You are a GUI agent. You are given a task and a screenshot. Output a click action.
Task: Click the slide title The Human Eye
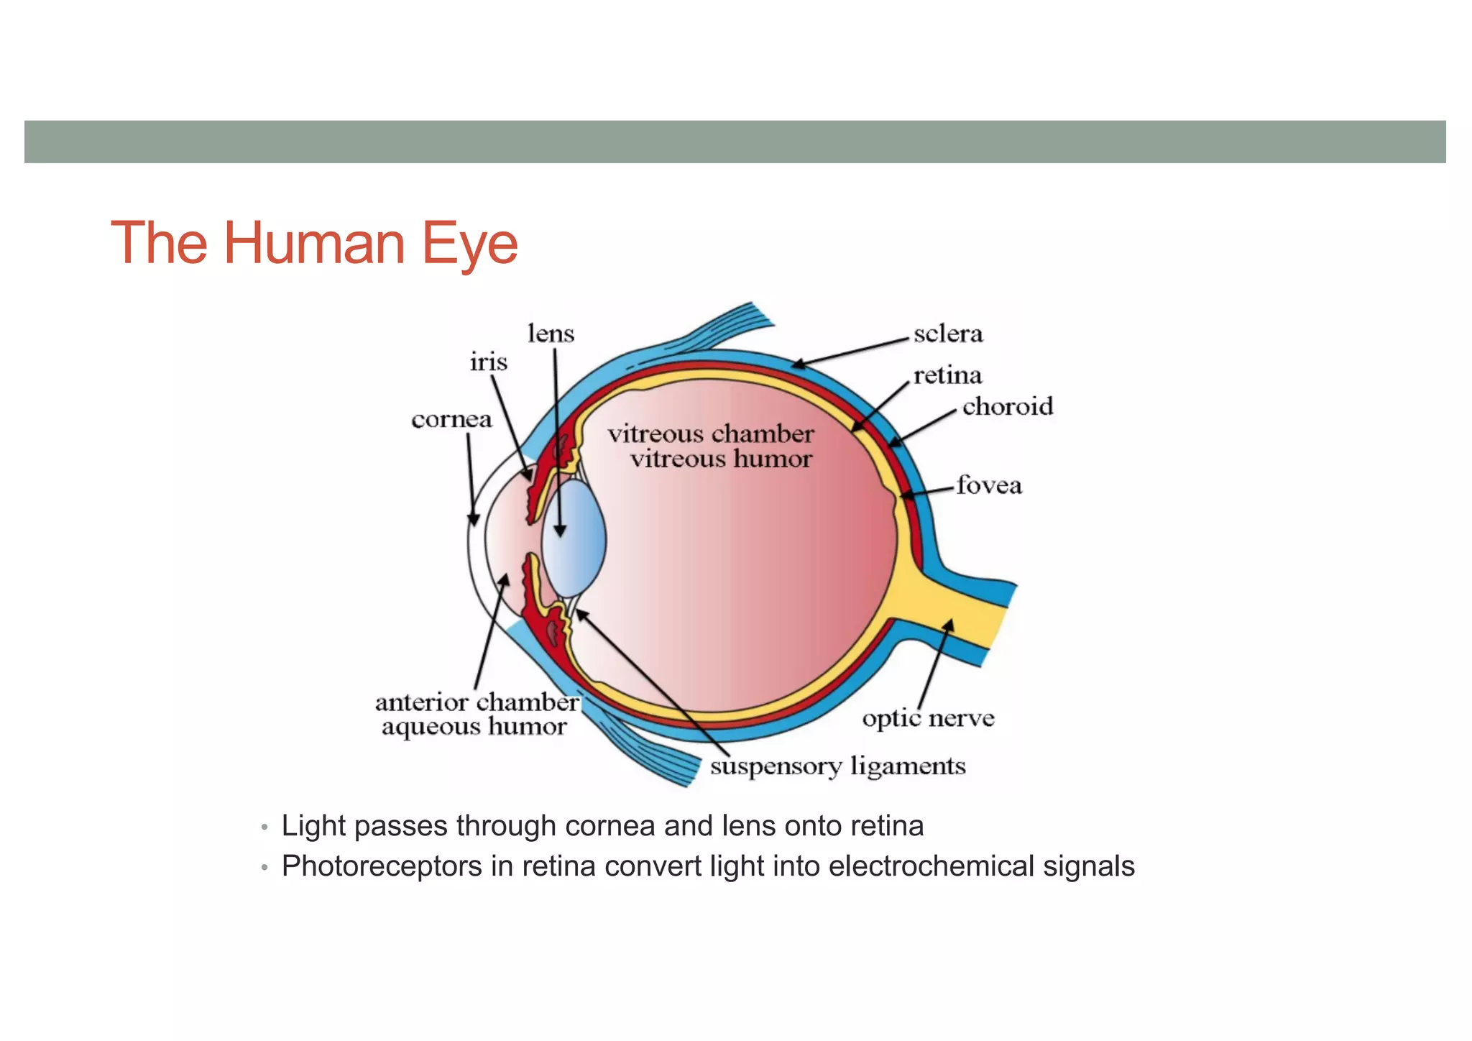[x=314, y=243]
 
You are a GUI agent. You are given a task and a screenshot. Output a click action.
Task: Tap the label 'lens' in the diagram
[x=551, y=334]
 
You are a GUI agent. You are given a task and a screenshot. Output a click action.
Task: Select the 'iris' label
[x=488, y=362]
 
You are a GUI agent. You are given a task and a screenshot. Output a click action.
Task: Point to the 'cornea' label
[x=451, y=419]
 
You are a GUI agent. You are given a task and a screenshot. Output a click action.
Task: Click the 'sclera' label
[x=948, y=334]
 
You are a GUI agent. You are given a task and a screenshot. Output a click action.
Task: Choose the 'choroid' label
[x=1008, y=407]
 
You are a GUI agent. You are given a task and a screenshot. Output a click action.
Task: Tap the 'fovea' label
[x=989, y=486]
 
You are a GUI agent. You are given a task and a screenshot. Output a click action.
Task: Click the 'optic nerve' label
[x=928, y=718]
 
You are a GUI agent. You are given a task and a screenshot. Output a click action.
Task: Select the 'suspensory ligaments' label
[x=837, y=766]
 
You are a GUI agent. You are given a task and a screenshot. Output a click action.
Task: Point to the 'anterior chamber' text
[x=477, y=702]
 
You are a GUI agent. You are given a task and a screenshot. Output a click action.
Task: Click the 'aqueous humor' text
[x=474, y=727]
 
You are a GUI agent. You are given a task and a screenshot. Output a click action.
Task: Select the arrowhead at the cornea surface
[x=473, y=519]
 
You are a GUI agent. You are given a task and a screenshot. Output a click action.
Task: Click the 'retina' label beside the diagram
[x=947, y=376]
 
